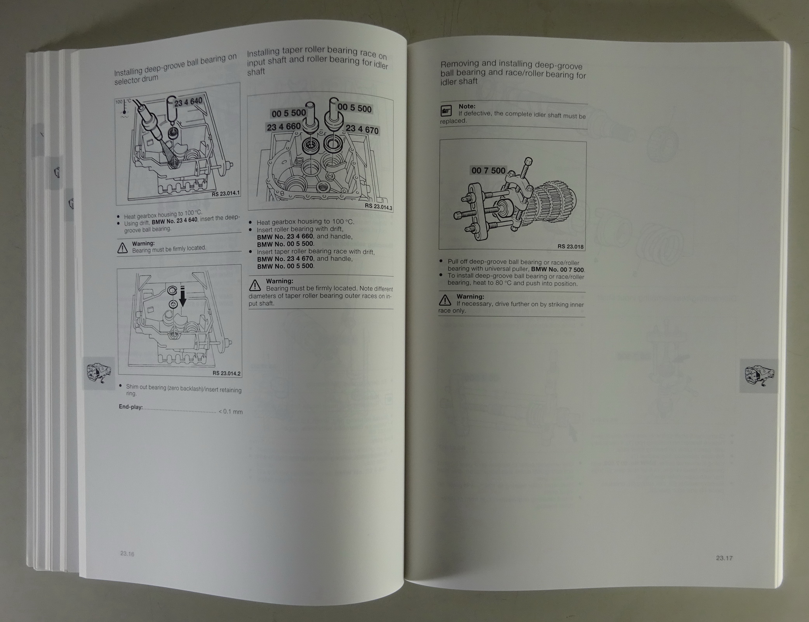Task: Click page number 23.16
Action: pos(127,554)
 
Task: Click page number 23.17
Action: pos(724,558)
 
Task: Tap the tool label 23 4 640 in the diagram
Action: pos(188,102)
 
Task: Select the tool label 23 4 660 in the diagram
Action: pos(284,127)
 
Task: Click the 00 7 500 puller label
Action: pos(488,170)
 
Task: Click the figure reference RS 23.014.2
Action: pos(226,373)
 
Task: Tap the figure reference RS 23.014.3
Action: pos(378,207)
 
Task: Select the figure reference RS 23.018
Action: pos(570,246)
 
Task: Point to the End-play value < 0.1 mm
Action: pos(231,411)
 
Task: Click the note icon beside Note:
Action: pos(446,111)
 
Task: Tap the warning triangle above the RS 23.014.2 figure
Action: pos(122,248)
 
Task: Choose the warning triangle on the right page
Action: pos(445,300)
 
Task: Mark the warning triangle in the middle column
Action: pos(255,285)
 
